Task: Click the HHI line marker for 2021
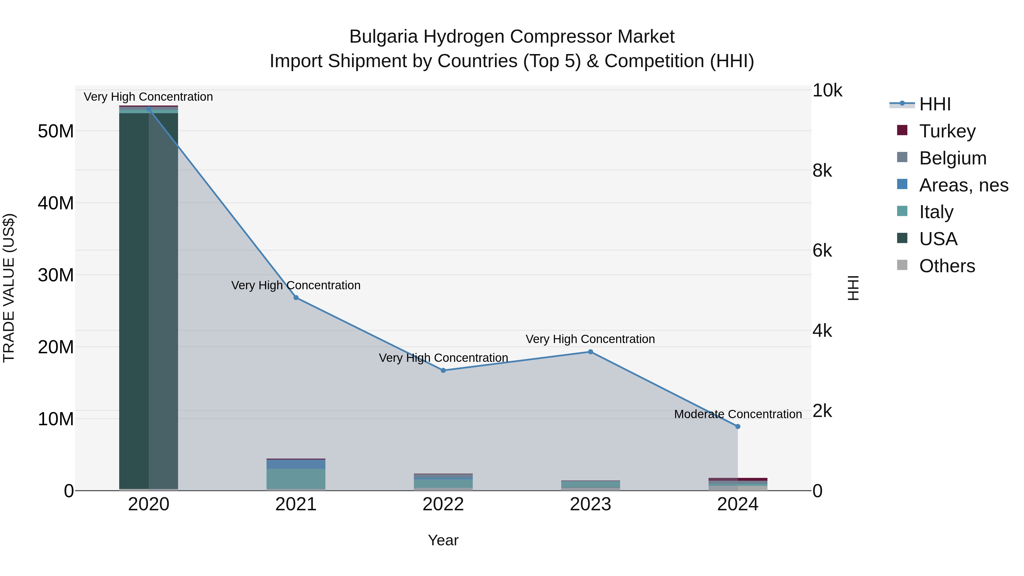tap(296, 298)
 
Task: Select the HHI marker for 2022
tap(443, 370)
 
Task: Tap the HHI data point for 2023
tap(590, 352)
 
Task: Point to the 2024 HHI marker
tap(738, 427)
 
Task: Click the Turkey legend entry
tap(947, 131)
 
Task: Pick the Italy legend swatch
tap(902, 211)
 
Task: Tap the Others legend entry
tap(947, 266)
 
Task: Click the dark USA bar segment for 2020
tap(134, 298)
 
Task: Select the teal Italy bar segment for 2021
tap(296, 479)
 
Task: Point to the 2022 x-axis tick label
tap(443, 504)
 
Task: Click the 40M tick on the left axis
tap(56, 203)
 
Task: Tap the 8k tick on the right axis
tap(822, 171)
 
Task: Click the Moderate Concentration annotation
tap(738, 414)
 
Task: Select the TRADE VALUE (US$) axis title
tap(9, 288)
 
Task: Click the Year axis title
tap(443, 541)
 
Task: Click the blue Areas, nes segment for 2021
tap(296, 464)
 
